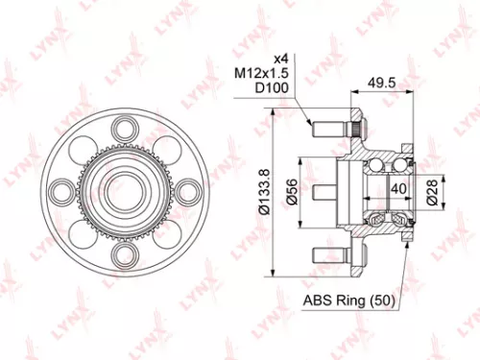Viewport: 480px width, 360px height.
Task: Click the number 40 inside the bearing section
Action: click(x=396, y=189)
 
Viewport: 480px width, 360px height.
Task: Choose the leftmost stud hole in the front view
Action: click(x=63, y=191)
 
